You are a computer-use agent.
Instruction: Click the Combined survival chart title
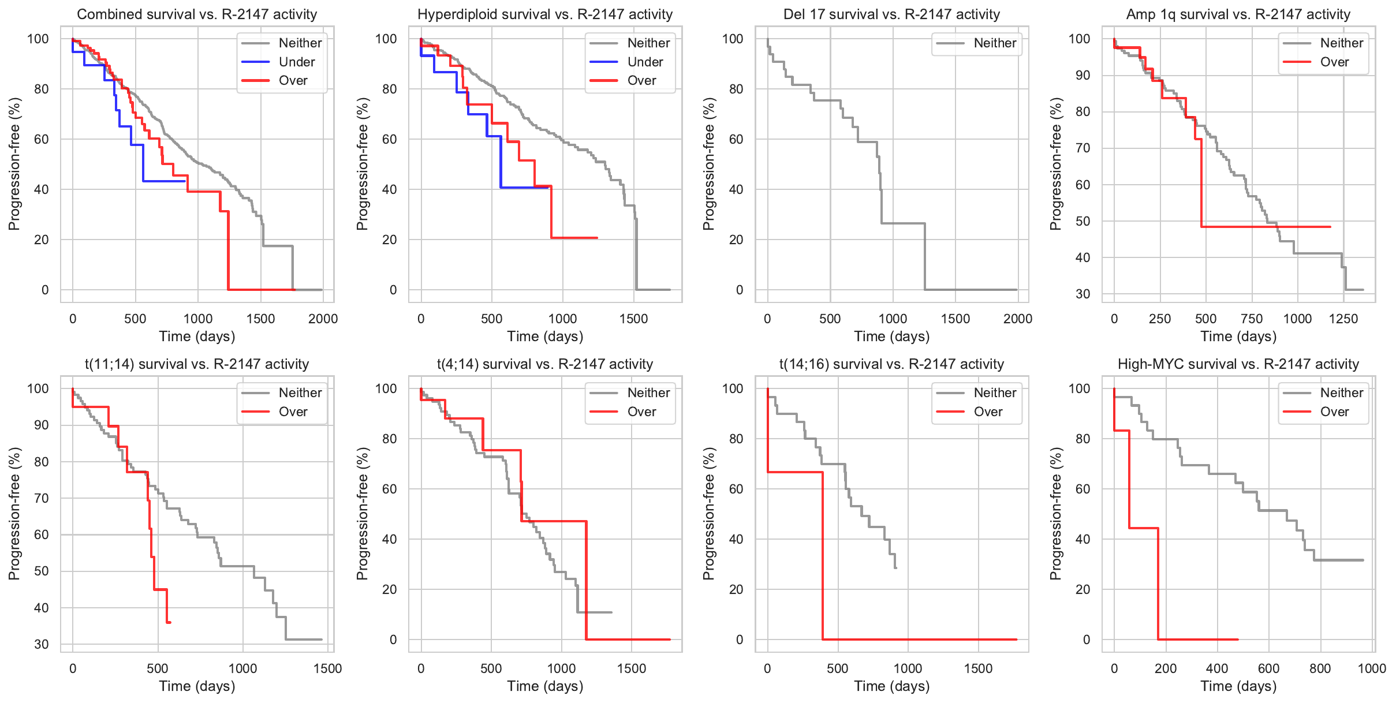pos(197,14)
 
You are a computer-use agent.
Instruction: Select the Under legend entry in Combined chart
pos(296,62)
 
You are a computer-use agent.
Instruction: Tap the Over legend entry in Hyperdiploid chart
pos(641,81)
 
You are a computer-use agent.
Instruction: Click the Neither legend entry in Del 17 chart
pos(994,43)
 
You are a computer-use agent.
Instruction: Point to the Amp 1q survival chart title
pos(1238,14)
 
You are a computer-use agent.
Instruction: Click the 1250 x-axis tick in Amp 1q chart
pos(1343,319)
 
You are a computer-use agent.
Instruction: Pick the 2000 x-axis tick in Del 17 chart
pos(1017,319)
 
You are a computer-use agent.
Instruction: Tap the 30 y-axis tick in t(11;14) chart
pos(42,644)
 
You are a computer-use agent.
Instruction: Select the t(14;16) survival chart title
pos(891,364)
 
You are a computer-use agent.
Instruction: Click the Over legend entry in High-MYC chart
pos(1334,412)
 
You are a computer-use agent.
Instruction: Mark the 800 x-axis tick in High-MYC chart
pos(1320,668)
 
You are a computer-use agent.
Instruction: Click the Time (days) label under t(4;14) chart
pos(545,686)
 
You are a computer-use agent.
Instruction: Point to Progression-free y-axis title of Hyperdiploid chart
pos(362,164)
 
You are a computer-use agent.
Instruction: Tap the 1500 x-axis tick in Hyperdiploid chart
pos(633,319)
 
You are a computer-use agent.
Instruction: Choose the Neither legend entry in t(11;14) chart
pos(300,393)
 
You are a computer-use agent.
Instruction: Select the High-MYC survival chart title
pos(1238,364)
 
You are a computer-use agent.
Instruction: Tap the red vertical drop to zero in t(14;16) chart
pos(822,554)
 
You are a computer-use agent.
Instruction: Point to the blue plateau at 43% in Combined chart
pos(164,181)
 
